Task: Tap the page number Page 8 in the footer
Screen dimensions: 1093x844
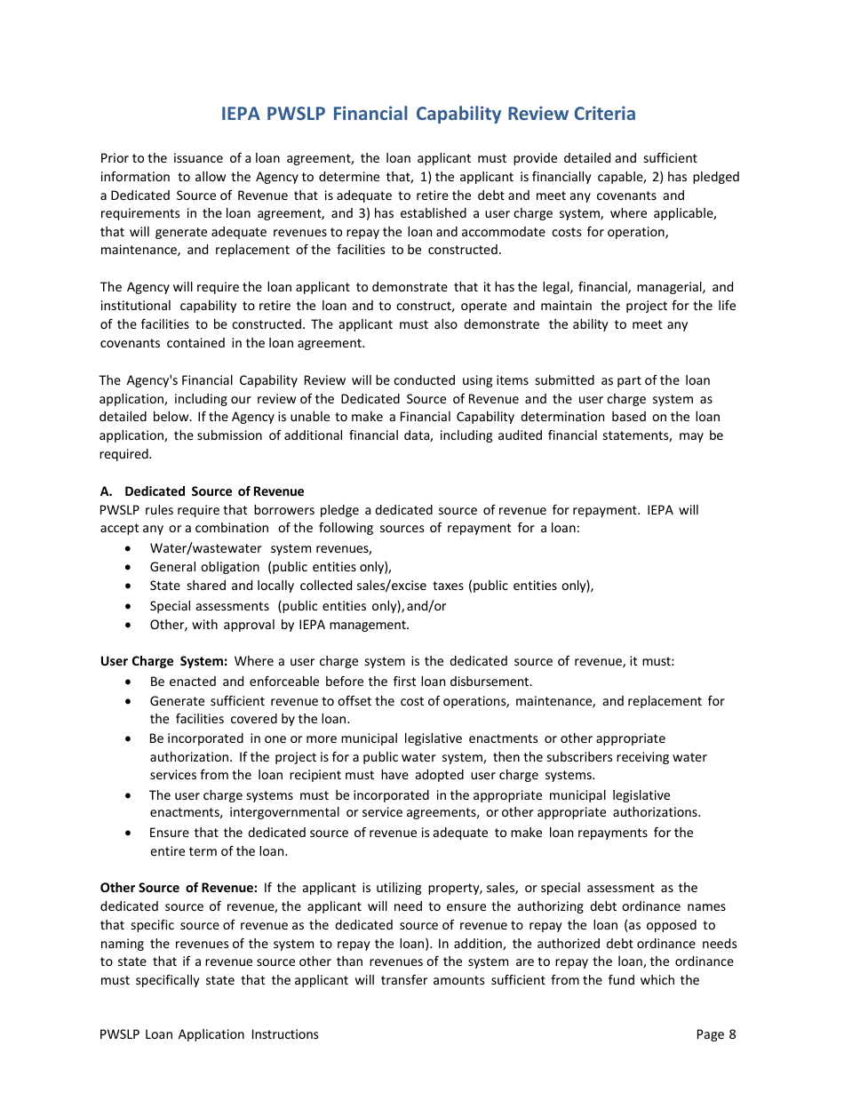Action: coord(716,1033)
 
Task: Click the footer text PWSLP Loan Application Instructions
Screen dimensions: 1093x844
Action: coord(209,1033)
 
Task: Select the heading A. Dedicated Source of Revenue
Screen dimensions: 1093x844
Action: coord(202,491)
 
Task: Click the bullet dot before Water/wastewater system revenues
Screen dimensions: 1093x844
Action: coord(131,549)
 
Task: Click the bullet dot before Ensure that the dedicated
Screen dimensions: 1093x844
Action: coord(131,834)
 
